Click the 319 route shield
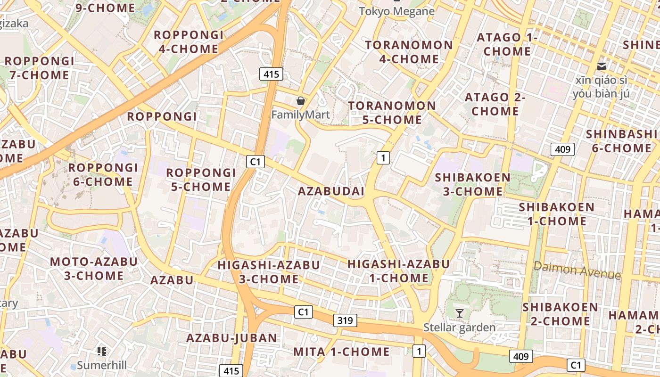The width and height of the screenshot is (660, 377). point(345,321)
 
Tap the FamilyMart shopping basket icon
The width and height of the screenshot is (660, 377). point(300,101)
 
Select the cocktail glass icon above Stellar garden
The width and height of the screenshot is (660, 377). point(459,313)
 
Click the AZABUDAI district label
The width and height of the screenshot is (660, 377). point(331,191)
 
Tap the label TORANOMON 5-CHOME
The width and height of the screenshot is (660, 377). point(392,113)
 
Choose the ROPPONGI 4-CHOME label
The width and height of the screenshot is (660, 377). point(188,42)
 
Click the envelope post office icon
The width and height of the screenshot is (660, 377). point(602,66)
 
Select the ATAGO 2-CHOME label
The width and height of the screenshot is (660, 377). point(495,104)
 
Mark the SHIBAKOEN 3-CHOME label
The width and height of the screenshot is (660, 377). point(473,184)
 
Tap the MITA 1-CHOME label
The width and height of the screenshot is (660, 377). point(341,352)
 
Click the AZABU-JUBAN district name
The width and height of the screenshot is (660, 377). point(231,338)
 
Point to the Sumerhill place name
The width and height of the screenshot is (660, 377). point(102,365)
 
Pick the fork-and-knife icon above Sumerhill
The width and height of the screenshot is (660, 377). point(101,351)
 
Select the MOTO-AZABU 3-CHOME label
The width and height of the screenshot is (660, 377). point(94,269)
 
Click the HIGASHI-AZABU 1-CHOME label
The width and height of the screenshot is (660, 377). point(398,271)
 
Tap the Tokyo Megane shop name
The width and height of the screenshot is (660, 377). point(397,11)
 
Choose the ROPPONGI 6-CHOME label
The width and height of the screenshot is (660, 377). point(103,174)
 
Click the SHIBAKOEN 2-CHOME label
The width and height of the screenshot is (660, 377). point(560,314)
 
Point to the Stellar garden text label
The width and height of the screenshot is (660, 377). point(459,327)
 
